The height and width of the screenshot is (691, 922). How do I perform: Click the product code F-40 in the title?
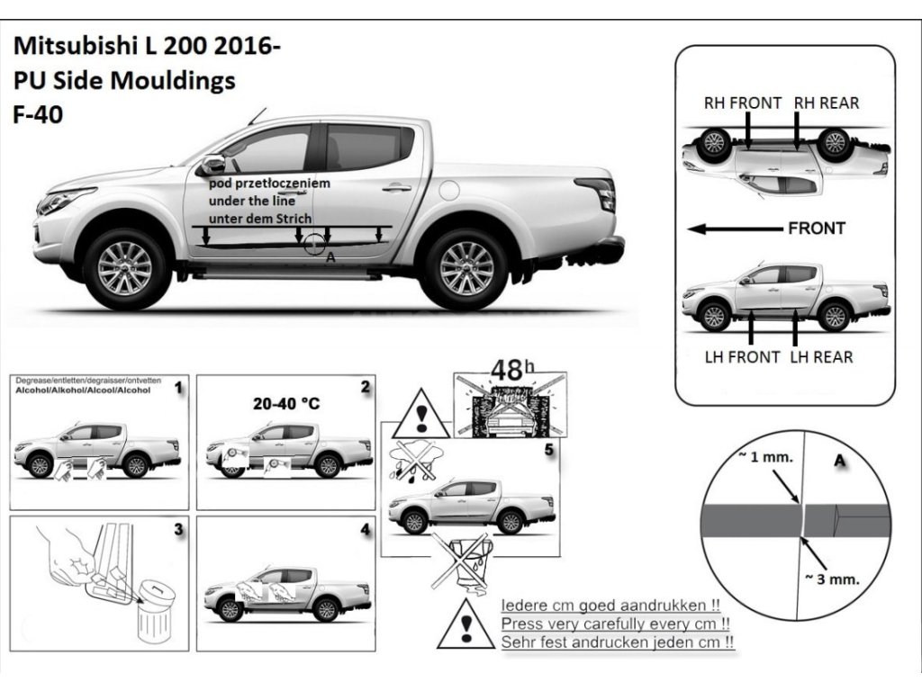(38, 116)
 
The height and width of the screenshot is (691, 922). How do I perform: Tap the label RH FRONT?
(742, 103)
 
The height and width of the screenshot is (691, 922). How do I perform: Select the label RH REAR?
(826, 103)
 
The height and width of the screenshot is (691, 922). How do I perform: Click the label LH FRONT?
(742, 357)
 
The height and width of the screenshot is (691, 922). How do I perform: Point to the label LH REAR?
(821, 357)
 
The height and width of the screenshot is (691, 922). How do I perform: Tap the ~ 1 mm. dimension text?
(765, 457)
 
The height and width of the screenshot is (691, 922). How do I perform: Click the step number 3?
(178, 529)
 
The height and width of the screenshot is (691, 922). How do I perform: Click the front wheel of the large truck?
(125, 267)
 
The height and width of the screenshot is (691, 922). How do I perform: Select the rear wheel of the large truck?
(466, 267)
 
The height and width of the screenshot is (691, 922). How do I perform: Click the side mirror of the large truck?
(212, 166)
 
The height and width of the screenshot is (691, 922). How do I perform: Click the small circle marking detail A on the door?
(313, 244)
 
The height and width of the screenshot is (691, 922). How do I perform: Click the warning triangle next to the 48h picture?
(420, 417)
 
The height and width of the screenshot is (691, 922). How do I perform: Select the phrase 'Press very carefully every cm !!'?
(615, 624)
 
